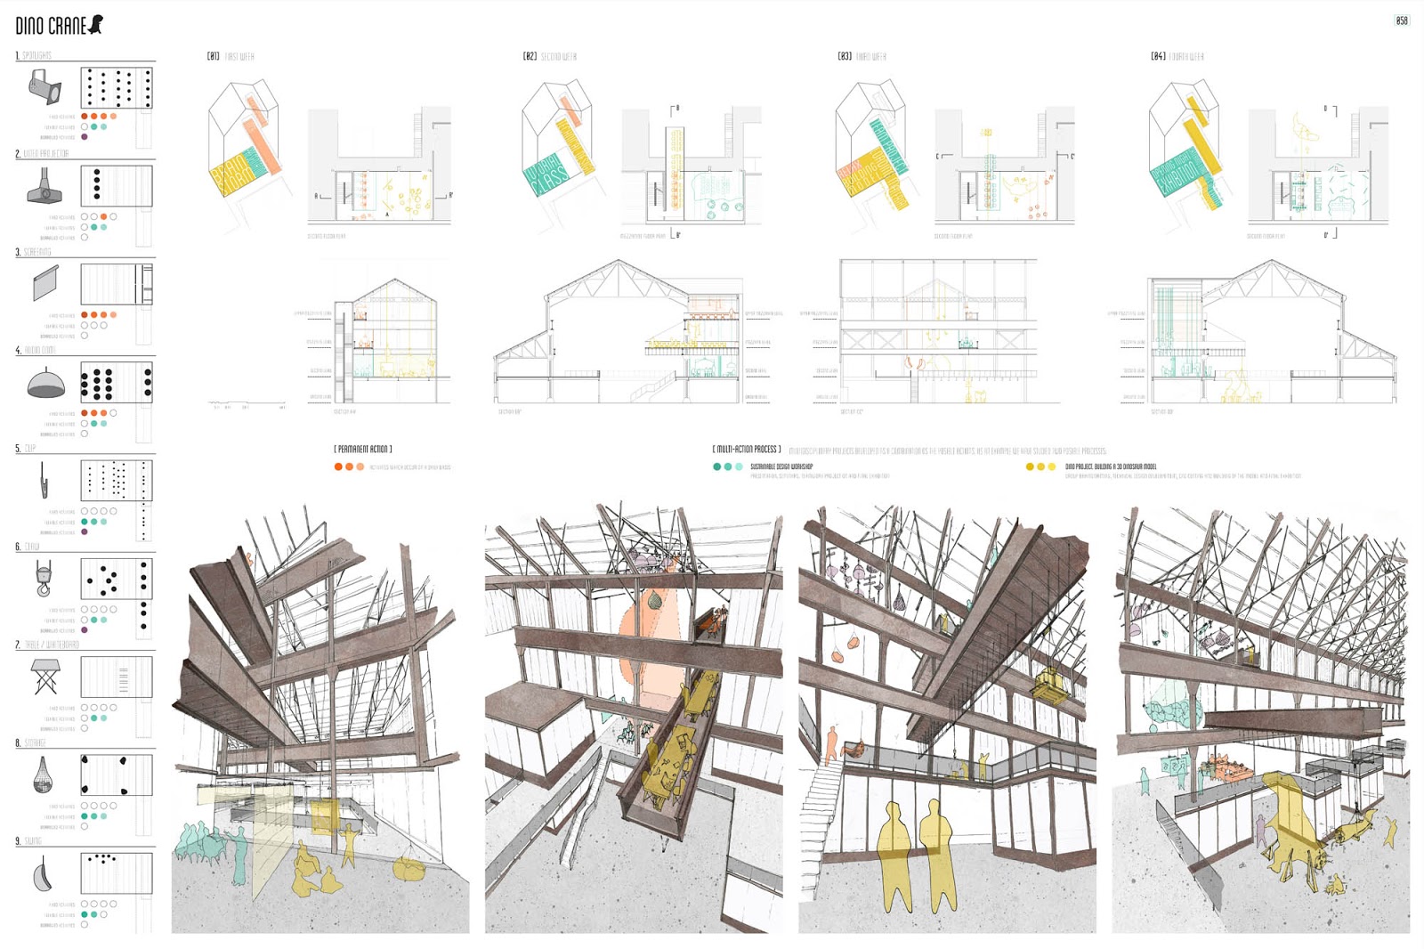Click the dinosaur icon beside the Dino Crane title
tap(95, 24)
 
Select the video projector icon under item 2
tap(44, 186)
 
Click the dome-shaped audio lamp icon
tap(45, 384)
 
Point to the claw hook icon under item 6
tap(43, 578)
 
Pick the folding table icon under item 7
tap(44, 677)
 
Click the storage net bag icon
tap(42, 775)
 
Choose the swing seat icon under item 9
tap(42, 875)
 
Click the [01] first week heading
tap(231, 56)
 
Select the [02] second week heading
tap(549, 56)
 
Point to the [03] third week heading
tap(862, 56)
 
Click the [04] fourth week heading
tap(1177, 56)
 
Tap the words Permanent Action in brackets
tap(363, 450)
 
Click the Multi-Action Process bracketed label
tap(748, 450)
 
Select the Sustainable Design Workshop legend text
tap(781, 466)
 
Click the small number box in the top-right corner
tap(1402, 20)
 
